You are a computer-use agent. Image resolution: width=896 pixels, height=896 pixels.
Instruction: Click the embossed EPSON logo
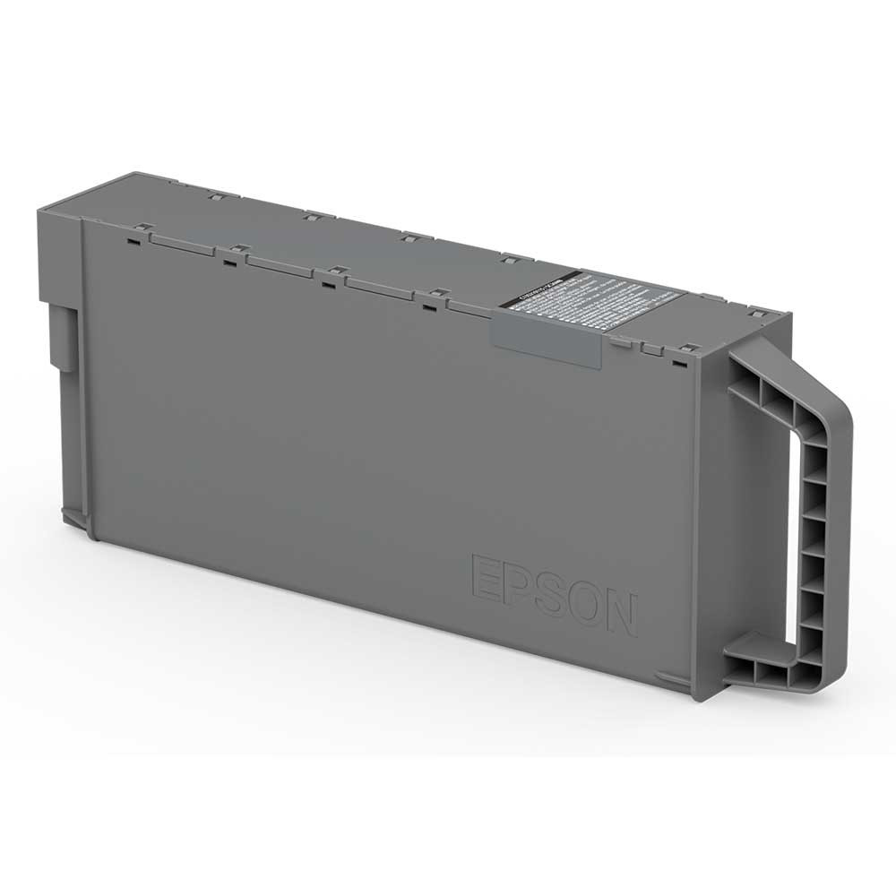(554, 592)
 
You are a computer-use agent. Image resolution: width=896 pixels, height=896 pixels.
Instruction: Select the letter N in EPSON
(620, 614)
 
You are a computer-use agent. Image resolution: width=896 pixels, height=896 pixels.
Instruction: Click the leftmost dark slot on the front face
(133, 239)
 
